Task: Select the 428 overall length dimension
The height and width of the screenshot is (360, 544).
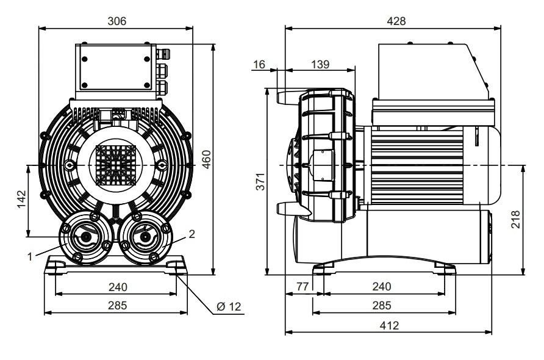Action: click(x=396, y=21)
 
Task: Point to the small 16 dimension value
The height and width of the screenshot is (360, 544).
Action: click(x=260, y=64)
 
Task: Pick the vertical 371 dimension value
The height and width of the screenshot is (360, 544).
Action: click(x=260, y=181)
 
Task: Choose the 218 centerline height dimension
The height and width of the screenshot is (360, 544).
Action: click(x=515, y=218)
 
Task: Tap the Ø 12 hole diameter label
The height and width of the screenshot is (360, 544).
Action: click(x=229, y=306)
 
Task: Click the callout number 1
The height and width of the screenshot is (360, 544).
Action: click(x=29, y=257)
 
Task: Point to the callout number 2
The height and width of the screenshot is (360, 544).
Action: click(x=191, y=234)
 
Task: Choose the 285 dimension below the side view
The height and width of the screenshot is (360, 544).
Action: click(x=382, y=306)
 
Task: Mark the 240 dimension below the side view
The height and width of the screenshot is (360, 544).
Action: click(x=382, y=286)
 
